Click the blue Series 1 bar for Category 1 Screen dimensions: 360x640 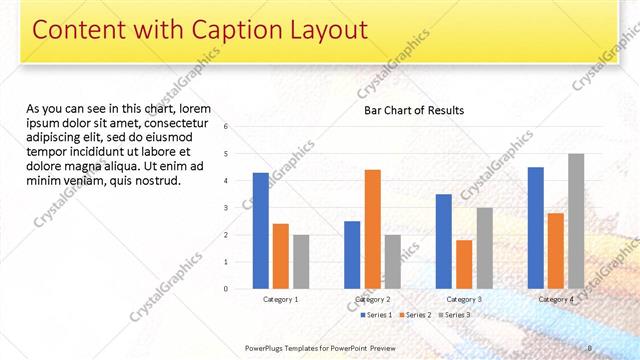pyautogui.click(x=261, y=231)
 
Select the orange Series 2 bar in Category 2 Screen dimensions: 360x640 pyautogui.click(x=372, y=229)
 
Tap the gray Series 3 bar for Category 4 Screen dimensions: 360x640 pyautogui.click(x=576, y=221)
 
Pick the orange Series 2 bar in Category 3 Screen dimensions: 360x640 pyautogui.click(x=464, y=264)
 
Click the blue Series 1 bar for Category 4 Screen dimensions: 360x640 pyautogui.click(x=536, y=228)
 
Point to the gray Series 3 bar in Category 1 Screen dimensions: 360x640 pyautogui.click(x=301, y=262)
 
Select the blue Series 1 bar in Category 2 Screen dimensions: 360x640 pyautogui.click(x=352, y=255)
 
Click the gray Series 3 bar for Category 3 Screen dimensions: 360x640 pyautogui.click(x=484, y=248)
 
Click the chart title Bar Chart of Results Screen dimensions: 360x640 pyautogui.click(x=413, y=110)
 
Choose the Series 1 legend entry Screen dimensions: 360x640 pyautogui.click(x=375, y=315)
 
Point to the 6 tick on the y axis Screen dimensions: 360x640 pyautogui.click(x=227, y=127)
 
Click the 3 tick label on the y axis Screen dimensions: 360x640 pyautogui.click(x=227, y=208)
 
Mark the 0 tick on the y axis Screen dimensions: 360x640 pyautogui.click(x=227, y=289)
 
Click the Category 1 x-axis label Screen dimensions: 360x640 pyautogui.click(x=281, y=299)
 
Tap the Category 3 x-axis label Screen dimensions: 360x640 pyautogui.click(x=464, y=299)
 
